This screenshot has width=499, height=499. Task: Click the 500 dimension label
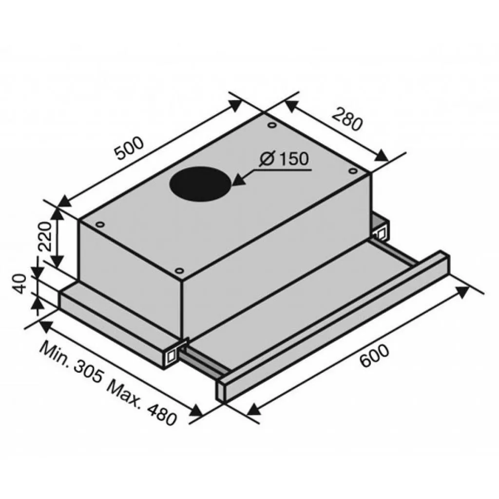click(x=130, y=148)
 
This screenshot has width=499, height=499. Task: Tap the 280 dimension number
click(x=347, y=120)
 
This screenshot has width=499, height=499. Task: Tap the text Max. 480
click(x=141, y=403)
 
